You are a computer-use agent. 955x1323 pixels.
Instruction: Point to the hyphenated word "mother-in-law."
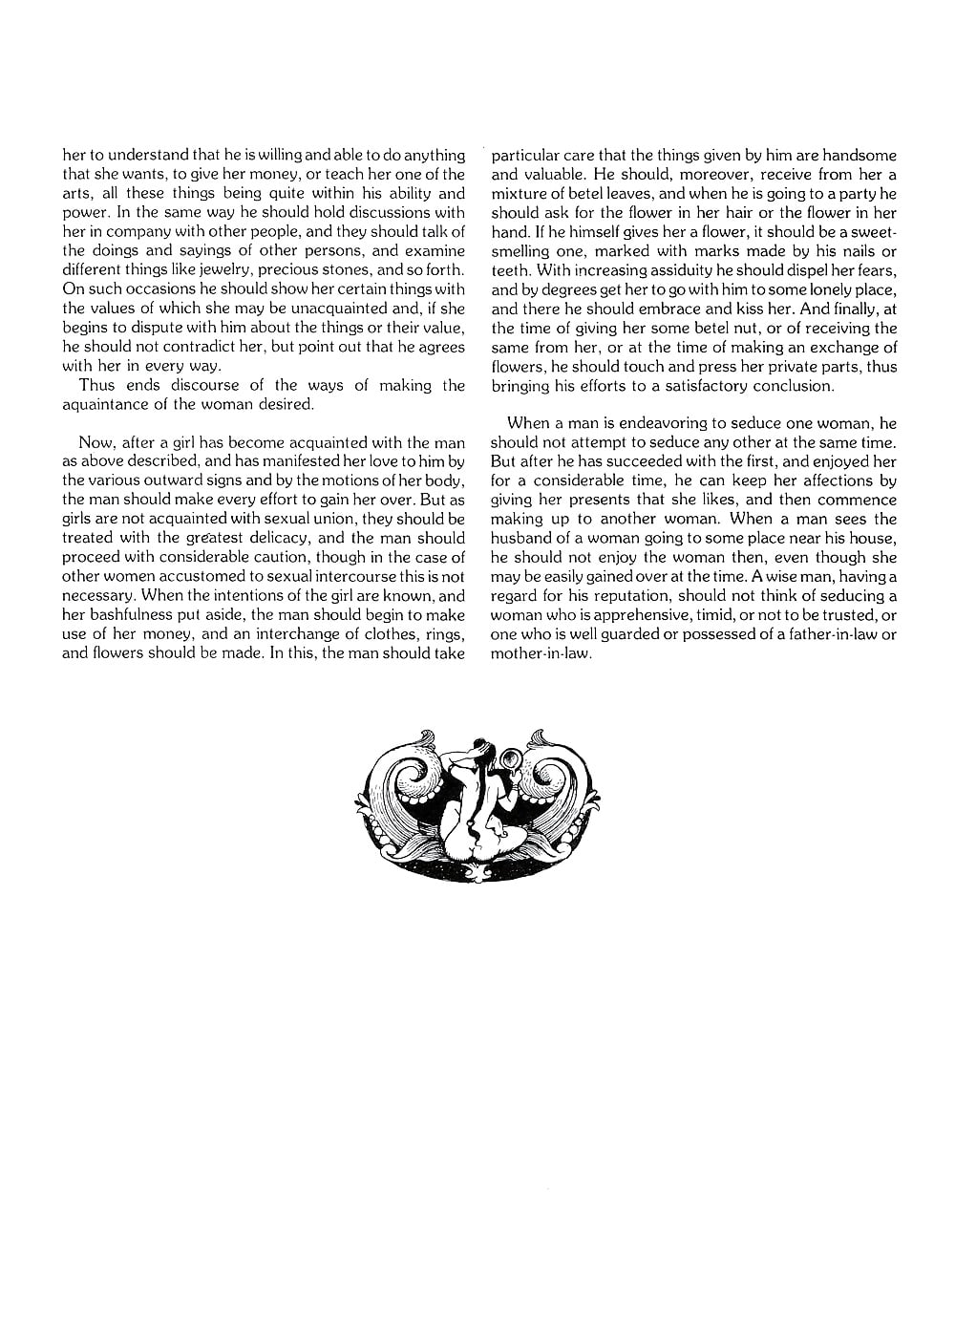(x=541, y=654)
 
